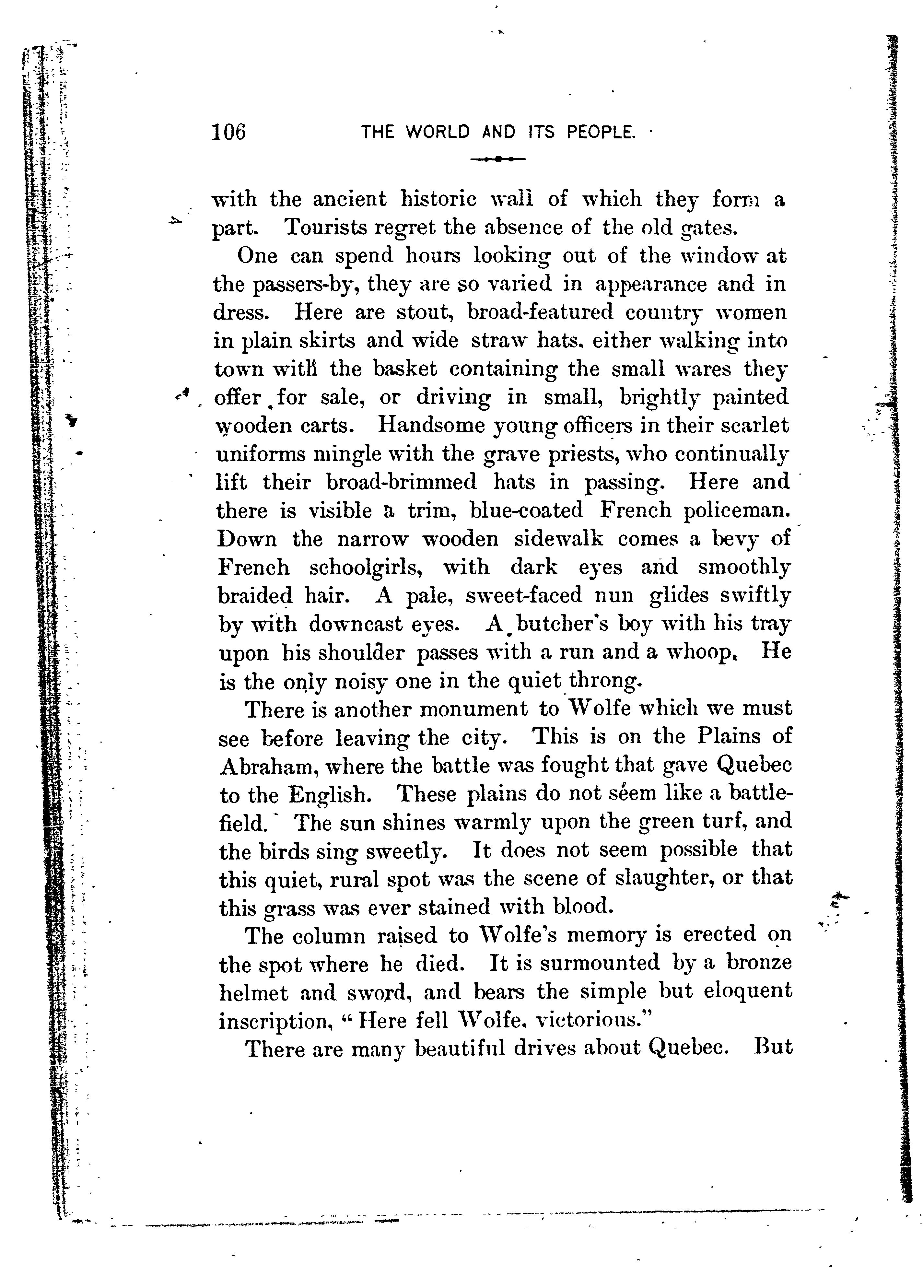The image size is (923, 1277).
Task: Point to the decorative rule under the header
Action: tap(498, 159)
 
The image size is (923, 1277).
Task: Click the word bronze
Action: tap(759, 963)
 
